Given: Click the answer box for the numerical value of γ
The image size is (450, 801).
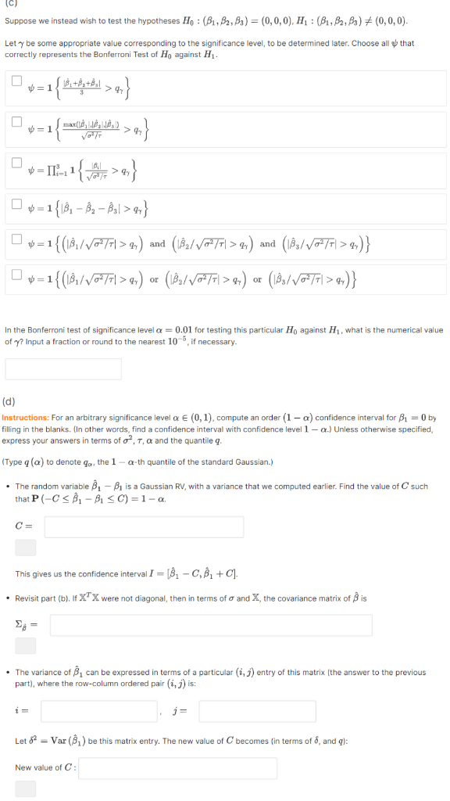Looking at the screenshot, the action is pos(63,368).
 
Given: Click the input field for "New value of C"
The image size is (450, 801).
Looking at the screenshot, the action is pos(177,767).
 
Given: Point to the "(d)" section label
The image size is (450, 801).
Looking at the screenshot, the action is pos(10,402).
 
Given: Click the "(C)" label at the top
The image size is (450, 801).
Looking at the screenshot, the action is pos(10,4).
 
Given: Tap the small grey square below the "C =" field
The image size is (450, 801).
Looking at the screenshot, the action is pos(25,547).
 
